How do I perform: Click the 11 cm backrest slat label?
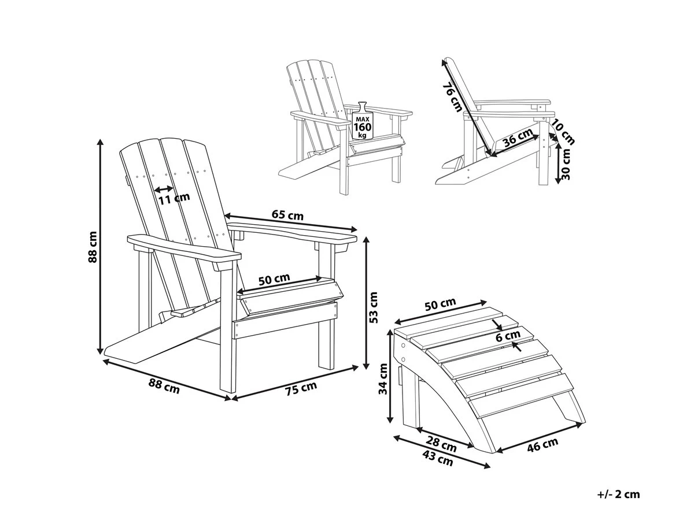pos(174,198)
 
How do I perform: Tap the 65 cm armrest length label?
pos(287,216)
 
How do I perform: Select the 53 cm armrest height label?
pos(374,307)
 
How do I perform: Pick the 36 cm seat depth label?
pos(519,138)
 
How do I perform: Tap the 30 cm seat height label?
pos(567,164)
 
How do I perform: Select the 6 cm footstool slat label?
pos(508,336)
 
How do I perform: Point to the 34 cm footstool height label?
pos(383,378)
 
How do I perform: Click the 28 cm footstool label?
pos(441,444)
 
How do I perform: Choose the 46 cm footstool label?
pos(542,444)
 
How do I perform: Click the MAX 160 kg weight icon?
pos(362,121)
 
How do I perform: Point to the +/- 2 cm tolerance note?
pos(618,494)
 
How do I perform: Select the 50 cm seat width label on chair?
pos(274,279)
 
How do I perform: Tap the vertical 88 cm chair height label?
pos(93,247)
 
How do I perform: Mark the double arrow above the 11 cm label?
pos(164,189)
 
